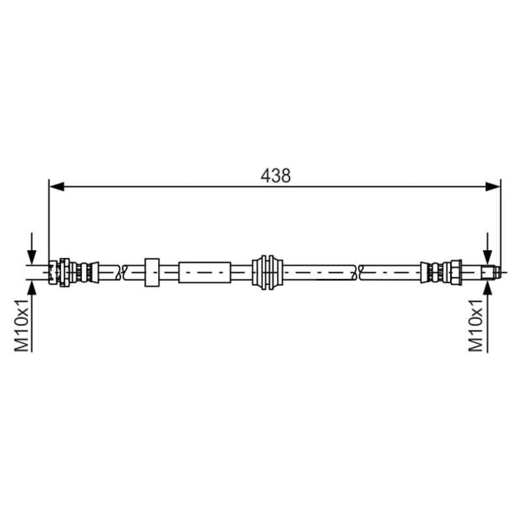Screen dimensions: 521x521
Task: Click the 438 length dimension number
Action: coord(275,176)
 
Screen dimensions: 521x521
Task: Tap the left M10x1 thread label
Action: coord(22,325)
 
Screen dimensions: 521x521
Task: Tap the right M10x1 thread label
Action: coord(475,325)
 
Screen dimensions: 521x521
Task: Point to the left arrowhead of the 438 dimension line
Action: coord(57,186)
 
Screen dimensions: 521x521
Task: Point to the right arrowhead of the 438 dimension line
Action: coord(493,186)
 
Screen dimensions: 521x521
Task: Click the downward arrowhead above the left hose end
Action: coord(31,257)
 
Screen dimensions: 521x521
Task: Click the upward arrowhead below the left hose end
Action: coord(31,288)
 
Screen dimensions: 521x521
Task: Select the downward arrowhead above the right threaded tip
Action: coord(487,257)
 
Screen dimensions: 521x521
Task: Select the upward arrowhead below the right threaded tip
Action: coord(487,288)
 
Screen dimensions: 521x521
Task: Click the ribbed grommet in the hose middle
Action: coord(267,272)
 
